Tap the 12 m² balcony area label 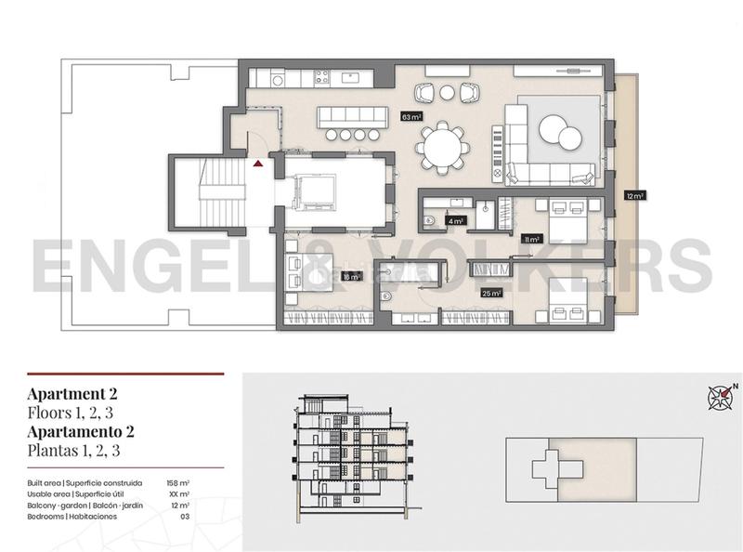(634, 196)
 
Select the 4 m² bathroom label (455, 221)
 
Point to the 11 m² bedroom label (530, 239)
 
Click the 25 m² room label (491, 293)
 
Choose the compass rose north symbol (722, 398)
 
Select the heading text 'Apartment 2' (72, 393)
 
